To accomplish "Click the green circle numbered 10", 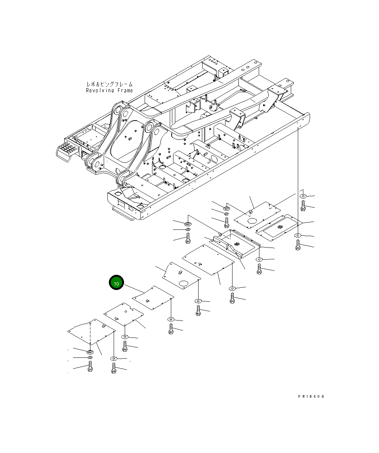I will point(116,283).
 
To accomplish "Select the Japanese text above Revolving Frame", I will point(109,84).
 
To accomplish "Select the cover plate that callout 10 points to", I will point(153,298).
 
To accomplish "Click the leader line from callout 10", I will point(134,289).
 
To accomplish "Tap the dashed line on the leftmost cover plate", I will point(90,336).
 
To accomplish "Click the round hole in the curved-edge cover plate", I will point(183,283).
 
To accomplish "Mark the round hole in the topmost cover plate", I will point(252,221).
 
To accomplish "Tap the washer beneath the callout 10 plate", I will point(171,319).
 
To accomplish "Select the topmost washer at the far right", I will point(303,196).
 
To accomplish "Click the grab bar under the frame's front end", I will point(123,214).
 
